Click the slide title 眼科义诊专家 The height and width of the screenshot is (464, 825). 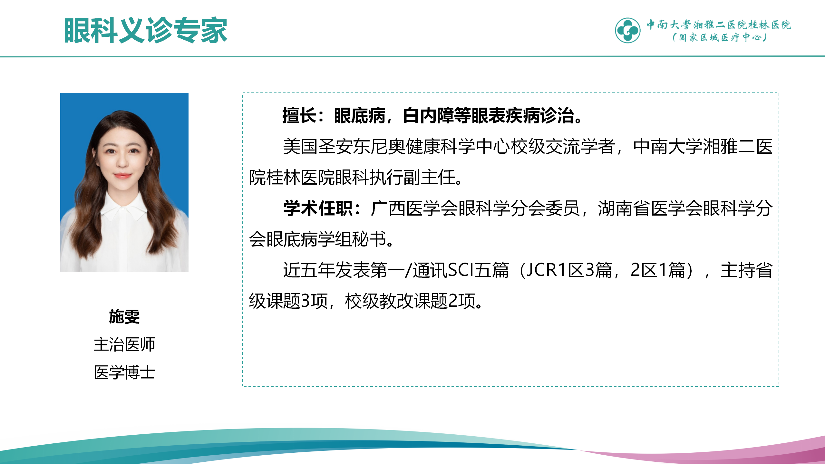(146, 31)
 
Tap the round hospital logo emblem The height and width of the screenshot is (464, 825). (627, 30)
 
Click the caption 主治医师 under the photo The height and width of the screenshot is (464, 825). (124, 344)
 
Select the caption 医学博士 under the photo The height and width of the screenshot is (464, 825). (124, 372)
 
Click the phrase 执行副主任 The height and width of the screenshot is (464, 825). (412, 178)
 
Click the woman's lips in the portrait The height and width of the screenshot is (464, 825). (122, 176)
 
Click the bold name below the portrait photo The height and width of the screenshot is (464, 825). (124, 316)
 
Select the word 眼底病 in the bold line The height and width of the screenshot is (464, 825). (360, 116)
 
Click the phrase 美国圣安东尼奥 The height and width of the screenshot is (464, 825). (344, 147)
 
